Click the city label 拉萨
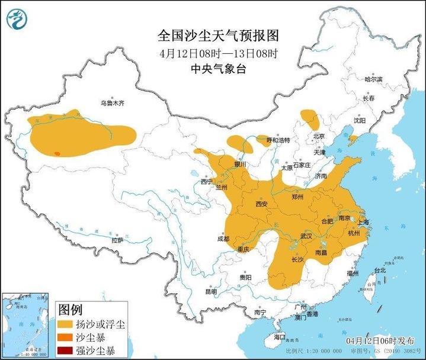(x=117, y=240)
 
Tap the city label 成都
(x=223, y=239)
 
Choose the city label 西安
(x=262, y=204)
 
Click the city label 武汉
(x=306, y=236)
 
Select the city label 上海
(x=363, y=222)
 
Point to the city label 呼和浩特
(x=278, y=140)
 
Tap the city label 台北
(x=379, y=270)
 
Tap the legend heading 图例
(x=71, y=310)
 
